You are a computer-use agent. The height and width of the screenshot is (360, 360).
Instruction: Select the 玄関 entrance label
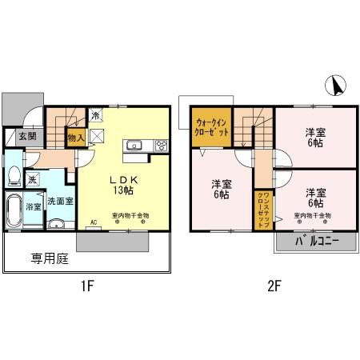[26, 137]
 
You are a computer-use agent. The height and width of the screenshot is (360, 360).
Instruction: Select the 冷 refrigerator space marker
[95, 116]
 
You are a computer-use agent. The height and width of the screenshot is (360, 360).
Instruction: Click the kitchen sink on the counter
[134, 146]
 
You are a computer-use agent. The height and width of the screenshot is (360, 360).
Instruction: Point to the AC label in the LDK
[94, 222]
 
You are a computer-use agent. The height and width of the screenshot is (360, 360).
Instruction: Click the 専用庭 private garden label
[48, 258]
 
